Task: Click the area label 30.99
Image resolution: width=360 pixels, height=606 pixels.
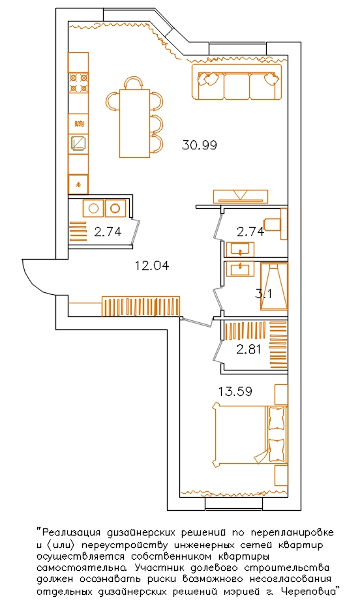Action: (x=200, y=145)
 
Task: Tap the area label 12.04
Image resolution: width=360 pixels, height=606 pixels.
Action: (x=152, y=266)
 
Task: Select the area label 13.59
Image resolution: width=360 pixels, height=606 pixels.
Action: (x=235, y=391)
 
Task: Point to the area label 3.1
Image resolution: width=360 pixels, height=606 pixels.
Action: (x=264, y=294)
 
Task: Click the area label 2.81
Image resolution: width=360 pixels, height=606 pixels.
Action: (x=248, y=350)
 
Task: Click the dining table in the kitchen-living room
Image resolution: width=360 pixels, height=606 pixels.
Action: (x=134, y=123)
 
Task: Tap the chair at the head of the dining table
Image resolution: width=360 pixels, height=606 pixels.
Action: (x=134, y=83)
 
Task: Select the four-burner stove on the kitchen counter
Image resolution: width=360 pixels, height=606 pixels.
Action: (x=78, y=83)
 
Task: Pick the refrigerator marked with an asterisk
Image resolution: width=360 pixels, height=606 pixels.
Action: (x=78, y=185)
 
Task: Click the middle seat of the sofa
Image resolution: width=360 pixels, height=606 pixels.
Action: (x=237, y=87)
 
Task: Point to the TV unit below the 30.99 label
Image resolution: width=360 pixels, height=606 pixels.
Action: (x=240, y=196)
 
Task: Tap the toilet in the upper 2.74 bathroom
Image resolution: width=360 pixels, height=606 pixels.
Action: (x=276, y=224)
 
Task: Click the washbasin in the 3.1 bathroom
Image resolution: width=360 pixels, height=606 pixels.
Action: (x=240, y=269)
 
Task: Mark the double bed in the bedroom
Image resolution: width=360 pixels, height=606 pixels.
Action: (x=250, y=435)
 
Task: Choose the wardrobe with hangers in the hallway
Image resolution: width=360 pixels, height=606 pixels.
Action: (x=141, y=306)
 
